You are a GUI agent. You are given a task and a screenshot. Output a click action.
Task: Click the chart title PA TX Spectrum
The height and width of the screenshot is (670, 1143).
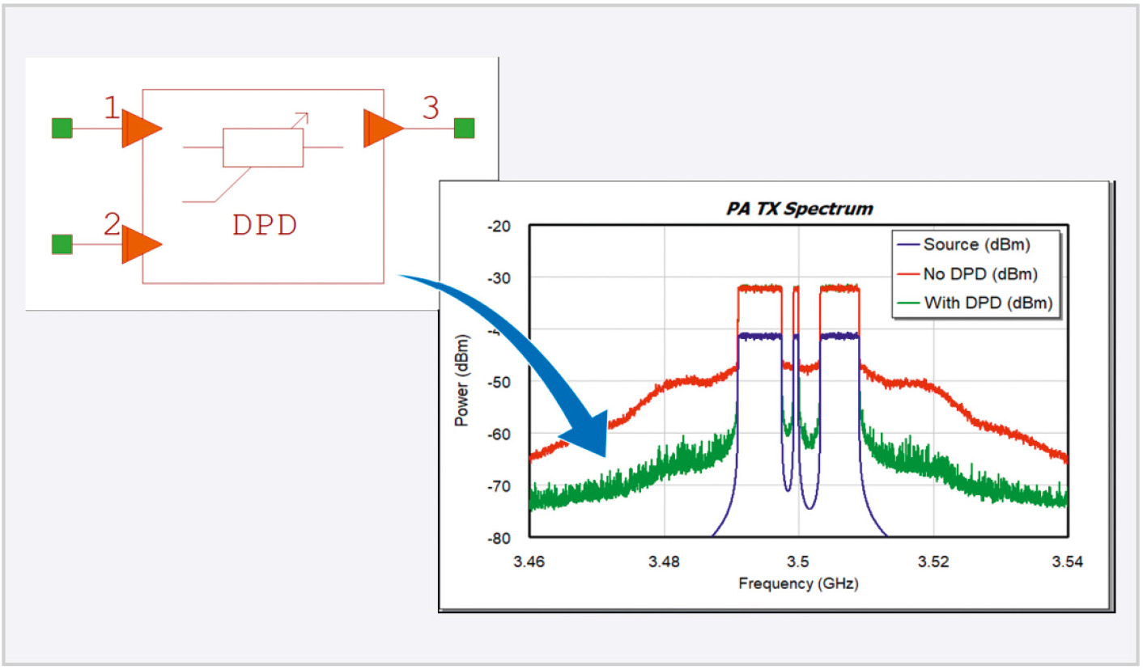[798, 208]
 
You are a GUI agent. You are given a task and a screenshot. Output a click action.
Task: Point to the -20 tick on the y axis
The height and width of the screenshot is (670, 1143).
[499, 226]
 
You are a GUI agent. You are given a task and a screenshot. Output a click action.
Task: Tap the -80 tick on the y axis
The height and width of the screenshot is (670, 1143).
[499, 538]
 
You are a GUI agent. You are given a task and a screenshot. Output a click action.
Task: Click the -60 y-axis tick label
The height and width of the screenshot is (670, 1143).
[499, 434]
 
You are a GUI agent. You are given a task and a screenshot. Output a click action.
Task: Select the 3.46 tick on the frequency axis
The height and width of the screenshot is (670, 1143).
[529, 561]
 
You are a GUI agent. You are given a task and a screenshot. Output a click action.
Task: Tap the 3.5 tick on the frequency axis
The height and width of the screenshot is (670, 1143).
[798, 561]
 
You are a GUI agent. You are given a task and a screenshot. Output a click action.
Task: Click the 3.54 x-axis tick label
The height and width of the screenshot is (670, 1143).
[1067, 561]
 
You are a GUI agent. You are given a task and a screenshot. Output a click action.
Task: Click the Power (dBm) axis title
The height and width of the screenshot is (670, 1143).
[462, 382]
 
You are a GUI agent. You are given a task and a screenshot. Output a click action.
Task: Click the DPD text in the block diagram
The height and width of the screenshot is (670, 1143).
[265, 225]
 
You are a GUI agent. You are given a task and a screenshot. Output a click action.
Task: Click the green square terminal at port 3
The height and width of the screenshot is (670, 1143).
[464, 128]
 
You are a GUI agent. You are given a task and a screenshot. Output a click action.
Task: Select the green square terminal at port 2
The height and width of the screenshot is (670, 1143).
[62, 244]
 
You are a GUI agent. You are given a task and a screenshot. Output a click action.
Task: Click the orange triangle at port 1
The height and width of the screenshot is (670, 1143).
[139, 129]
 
